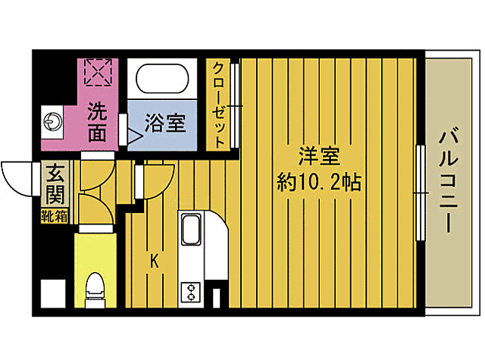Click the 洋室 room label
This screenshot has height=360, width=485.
click(x=318, y=157)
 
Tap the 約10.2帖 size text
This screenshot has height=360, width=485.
click(x=318, y=183)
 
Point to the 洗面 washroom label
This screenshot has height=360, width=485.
click(x=96, y=123)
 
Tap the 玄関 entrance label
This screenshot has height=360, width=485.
click(x=55, y=186)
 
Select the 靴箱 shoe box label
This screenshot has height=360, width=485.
click(x=55, y=215)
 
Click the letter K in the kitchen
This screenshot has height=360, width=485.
click(x=154, y=262)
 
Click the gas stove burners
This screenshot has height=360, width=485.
click(x=189, y=291)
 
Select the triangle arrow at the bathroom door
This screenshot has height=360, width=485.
click(x=133, y=137)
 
